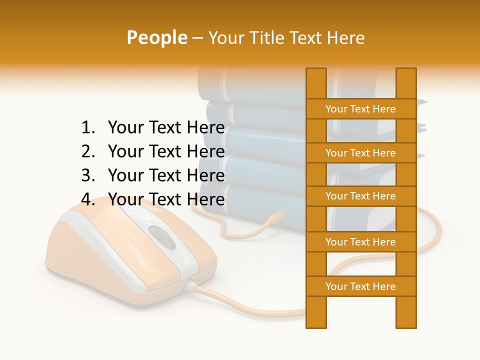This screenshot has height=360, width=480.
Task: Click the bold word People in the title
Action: pos(156,37)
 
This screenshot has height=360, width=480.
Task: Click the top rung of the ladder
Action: pos(360,109)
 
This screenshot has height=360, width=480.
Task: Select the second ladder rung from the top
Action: pos(360,153)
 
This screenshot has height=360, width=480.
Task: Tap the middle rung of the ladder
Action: pos(360,196)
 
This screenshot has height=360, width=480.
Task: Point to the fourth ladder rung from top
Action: pos(360,242)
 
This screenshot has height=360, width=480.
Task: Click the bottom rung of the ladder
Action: pos(360,286)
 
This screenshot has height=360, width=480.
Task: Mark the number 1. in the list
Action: pos(88,128)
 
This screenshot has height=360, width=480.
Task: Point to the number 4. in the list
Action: pos(88,199)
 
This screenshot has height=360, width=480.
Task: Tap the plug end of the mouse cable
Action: pos(277,216)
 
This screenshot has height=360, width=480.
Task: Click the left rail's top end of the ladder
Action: pos(316,72)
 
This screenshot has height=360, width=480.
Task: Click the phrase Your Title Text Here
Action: pos(286,38)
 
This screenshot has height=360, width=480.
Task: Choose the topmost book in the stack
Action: pos(250,82)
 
